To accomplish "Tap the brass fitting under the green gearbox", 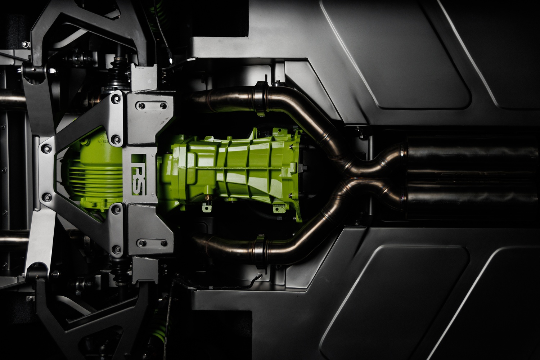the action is [207, 198].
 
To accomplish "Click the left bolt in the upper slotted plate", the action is [141, 105].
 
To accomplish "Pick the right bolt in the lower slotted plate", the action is [164, 242].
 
